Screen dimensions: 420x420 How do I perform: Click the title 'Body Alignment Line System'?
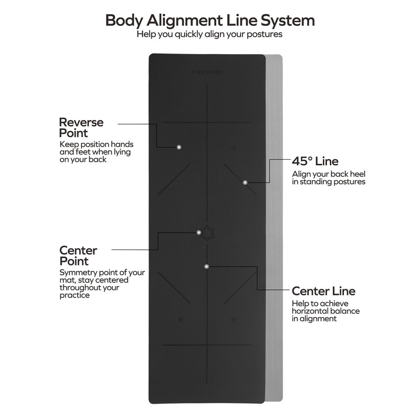[210, 20]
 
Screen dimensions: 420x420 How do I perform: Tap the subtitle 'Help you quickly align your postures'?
[210, 35]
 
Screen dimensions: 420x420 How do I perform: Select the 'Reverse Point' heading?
[81, 128]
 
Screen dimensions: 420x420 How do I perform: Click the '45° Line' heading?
[315, 161]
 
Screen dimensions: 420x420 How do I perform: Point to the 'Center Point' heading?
[78, 256]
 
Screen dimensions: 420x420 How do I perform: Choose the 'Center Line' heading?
[323, 291]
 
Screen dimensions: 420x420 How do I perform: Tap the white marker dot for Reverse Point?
[179, 148]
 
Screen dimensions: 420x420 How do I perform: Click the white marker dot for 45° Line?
[245, 182]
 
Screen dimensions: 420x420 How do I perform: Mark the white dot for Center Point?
[198, 232]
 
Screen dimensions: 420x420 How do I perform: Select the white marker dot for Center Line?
[207, 267]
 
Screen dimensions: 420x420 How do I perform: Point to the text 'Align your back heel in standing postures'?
[328, 178]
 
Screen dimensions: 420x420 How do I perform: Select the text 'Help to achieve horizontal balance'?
[325, 311]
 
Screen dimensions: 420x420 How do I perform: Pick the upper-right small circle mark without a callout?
[234, 148]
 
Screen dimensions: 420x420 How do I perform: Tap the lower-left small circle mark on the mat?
[181, 319]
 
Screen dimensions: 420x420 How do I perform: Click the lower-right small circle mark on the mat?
[234, 319]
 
